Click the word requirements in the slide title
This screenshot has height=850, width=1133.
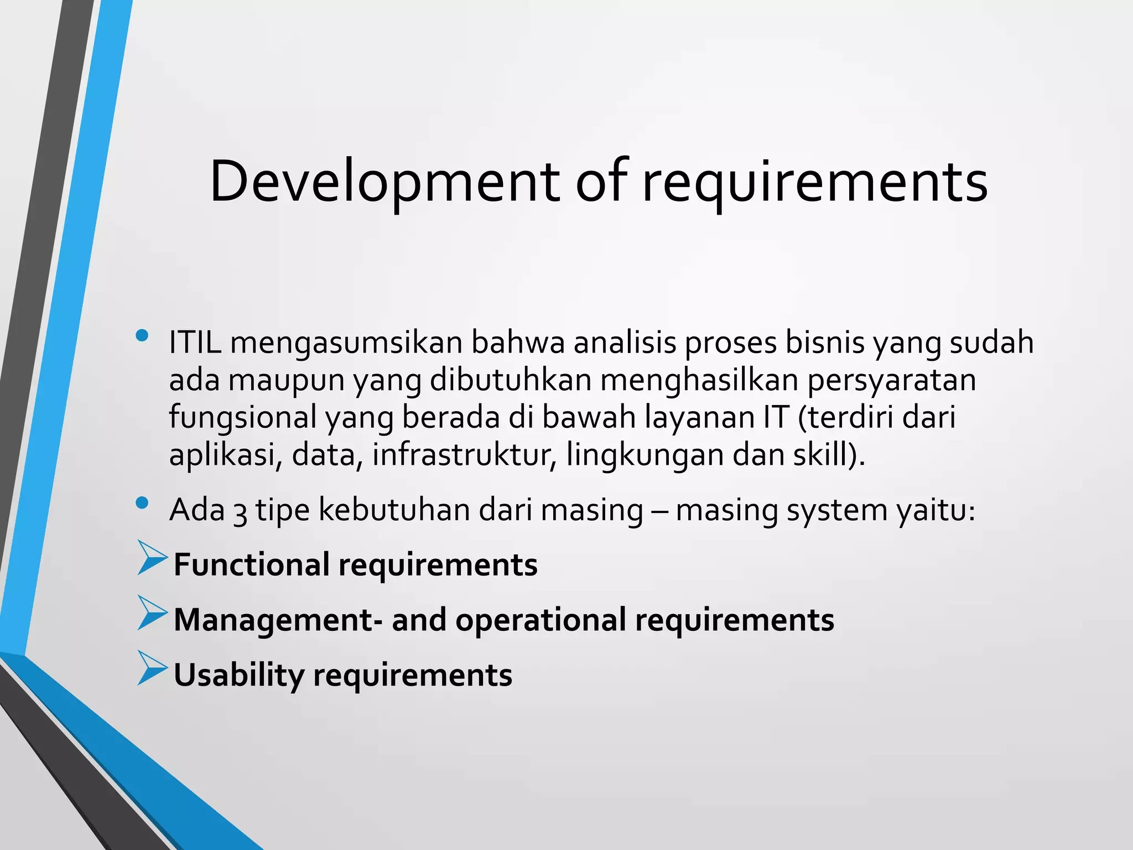(814, 183)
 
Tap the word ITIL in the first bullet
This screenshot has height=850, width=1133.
(195, 343)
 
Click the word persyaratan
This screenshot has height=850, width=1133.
(891, 381)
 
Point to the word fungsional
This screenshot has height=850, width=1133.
(242, 418)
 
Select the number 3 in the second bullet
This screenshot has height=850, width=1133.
(240, 512)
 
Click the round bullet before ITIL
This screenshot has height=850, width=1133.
(142, 335)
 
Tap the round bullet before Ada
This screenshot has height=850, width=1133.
(142, 502)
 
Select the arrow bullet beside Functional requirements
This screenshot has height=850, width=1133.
(152, 558)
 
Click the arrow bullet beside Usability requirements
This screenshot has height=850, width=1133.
(152, 668)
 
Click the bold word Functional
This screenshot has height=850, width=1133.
(251, 565)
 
